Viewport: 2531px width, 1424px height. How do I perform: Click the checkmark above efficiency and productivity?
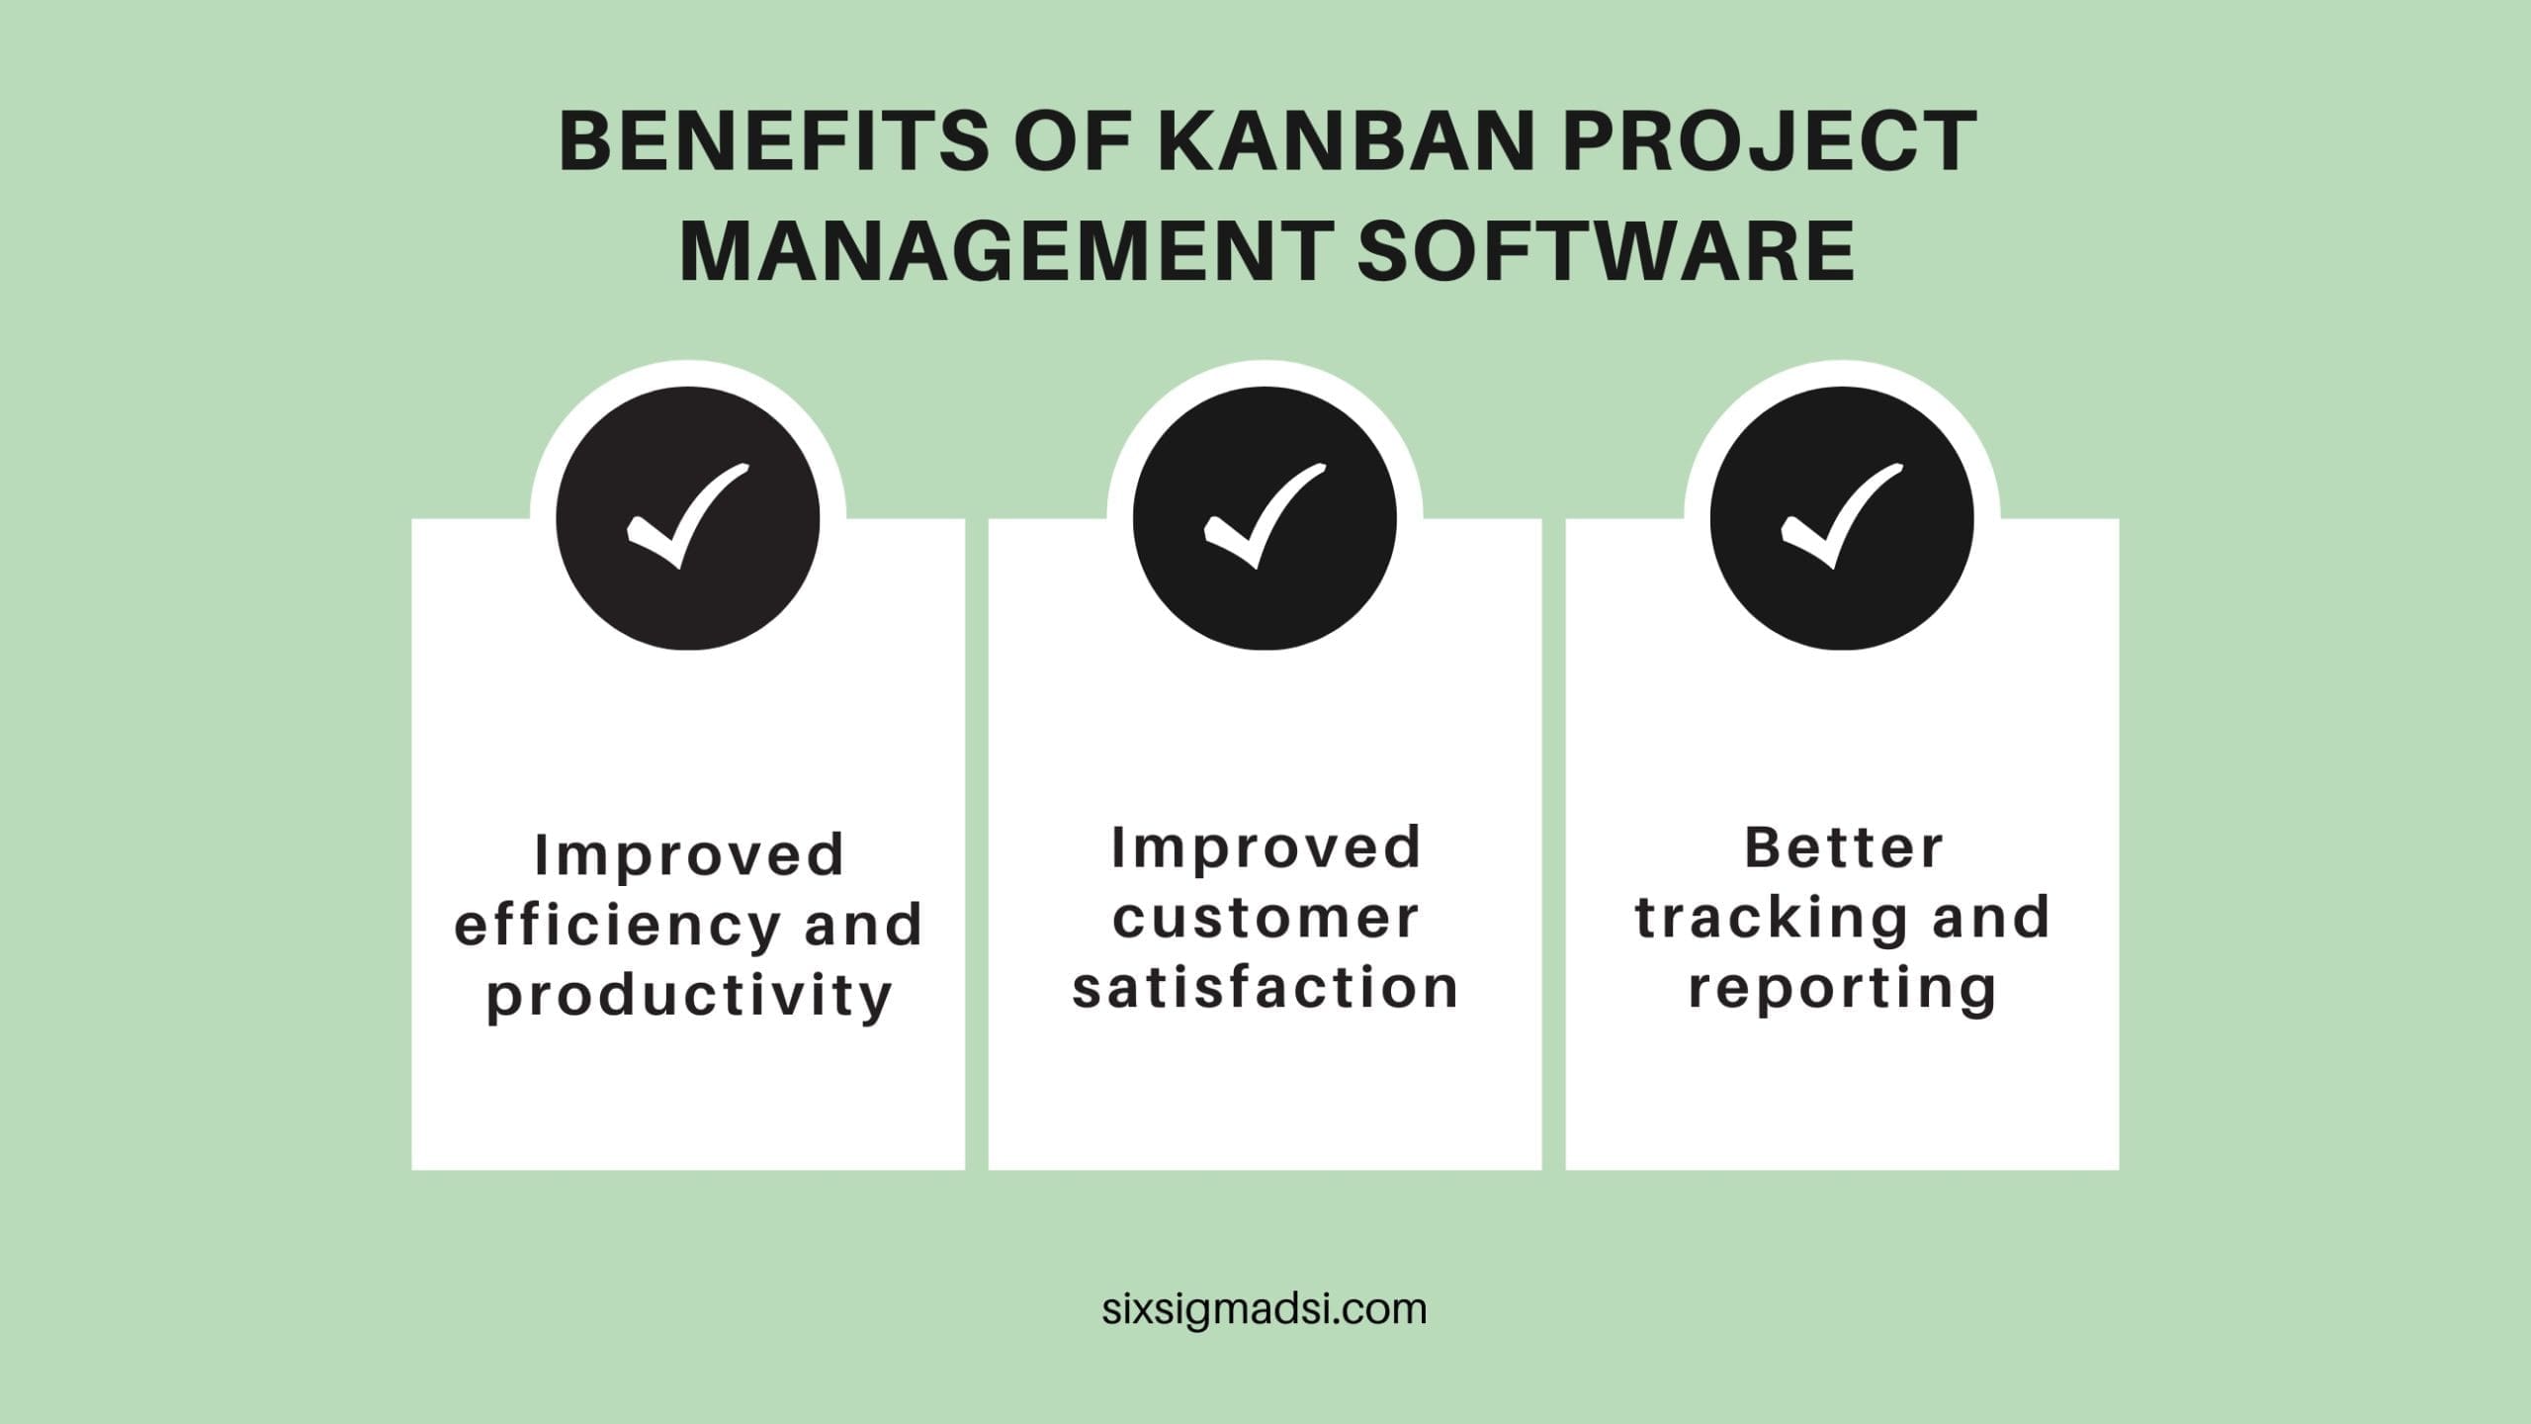(x=688, y=516)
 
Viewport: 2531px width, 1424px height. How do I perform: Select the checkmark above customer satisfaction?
(x=1265, y=516)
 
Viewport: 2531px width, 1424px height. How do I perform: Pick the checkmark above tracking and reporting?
(x=1842, y=516)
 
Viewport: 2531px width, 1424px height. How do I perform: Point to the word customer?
(x=1265, y=917)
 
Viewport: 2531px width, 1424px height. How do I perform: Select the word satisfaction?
(x=1265, y=987)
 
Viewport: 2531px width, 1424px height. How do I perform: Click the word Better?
(x=1843, y=847)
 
